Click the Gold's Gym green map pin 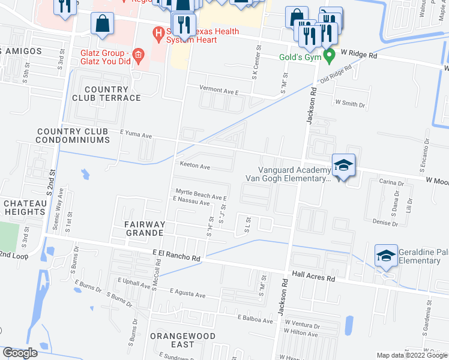click(x=329, y=57)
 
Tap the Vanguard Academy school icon click(x=343, y=166)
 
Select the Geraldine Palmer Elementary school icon click(x=385, y=256)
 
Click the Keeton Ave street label click(x=193, y=167)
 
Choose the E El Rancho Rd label click(x=176, y=255)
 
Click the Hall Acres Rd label click(x=313, y=277)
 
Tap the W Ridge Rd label click(x=359, y=55)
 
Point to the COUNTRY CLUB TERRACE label click(x=106, y=94)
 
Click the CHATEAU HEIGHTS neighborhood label click(x=25, y=208)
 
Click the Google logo click(x=20, y=353)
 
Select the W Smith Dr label click(x=350, y=104)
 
